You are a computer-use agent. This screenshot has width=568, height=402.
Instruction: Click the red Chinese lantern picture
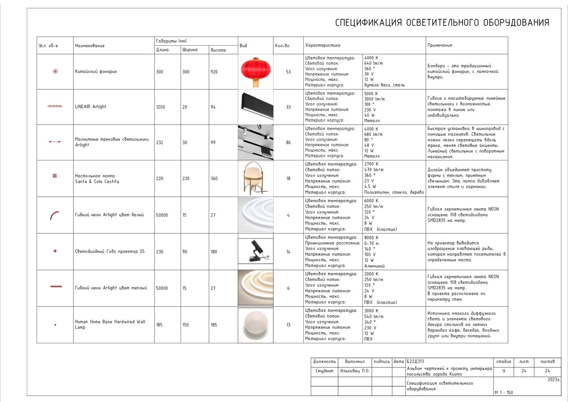pos(256,71)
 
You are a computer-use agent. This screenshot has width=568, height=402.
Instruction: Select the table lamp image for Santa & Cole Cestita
pos(255,178)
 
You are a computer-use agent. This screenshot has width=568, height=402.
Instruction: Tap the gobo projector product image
pos(256,251)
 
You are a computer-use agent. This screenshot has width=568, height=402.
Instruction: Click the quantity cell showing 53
pos(288,72)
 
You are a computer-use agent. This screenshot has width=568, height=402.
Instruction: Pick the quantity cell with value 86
pos(288,143)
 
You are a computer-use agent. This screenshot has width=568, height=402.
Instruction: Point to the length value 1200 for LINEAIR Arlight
pos(161,107)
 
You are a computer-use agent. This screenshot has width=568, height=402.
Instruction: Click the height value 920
pos(214,72)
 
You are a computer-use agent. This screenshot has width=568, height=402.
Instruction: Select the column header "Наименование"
pos(90,46)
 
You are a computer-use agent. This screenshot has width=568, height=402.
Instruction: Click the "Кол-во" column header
pos(282,46)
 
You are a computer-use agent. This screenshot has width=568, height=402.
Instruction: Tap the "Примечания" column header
pos(440,45)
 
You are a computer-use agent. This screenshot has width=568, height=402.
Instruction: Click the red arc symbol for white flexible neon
pos(54,215)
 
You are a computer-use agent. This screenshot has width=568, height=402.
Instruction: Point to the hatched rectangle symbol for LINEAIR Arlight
pos(54,106)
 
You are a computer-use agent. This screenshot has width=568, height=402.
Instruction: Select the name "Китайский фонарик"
pos(96,72)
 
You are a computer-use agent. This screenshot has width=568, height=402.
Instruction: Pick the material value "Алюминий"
pos(374,266)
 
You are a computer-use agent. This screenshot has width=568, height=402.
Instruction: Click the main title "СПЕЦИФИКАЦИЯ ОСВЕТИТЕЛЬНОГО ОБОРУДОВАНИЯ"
pos(442,23)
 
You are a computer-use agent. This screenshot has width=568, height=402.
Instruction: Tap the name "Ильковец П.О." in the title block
pos(355,371)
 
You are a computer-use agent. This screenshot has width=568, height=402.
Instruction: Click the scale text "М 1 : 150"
pos(504,393)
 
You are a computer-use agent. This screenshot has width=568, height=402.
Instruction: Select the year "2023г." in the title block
pos(554,380)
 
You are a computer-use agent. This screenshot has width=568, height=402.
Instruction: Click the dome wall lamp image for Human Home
pos(255,325)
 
